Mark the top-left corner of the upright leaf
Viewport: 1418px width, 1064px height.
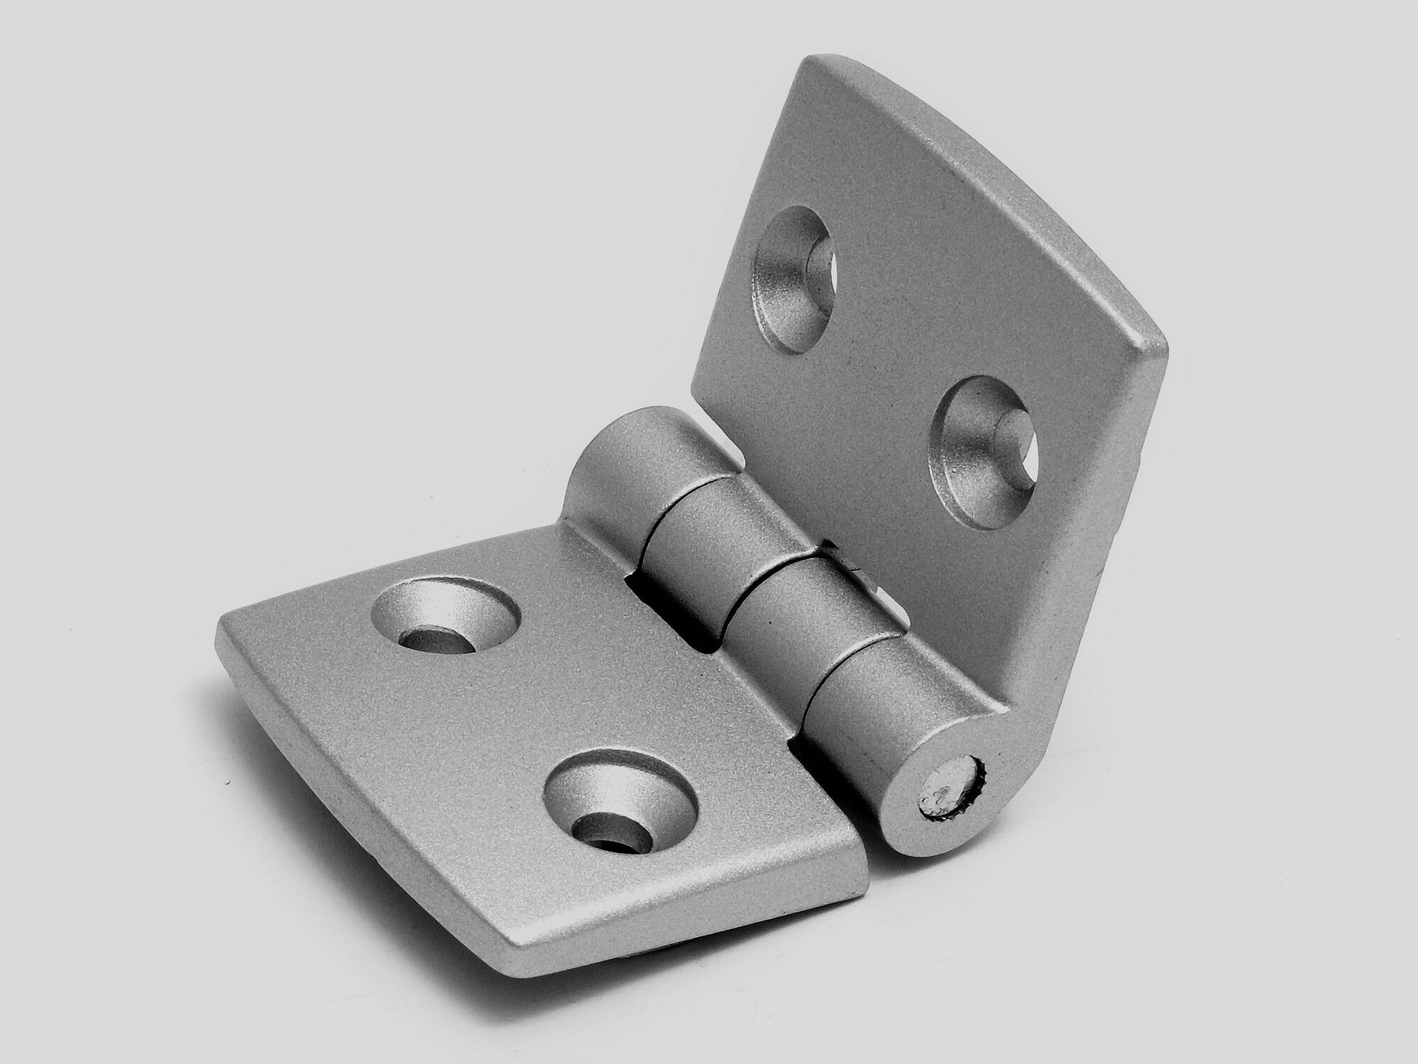[815, 67]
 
